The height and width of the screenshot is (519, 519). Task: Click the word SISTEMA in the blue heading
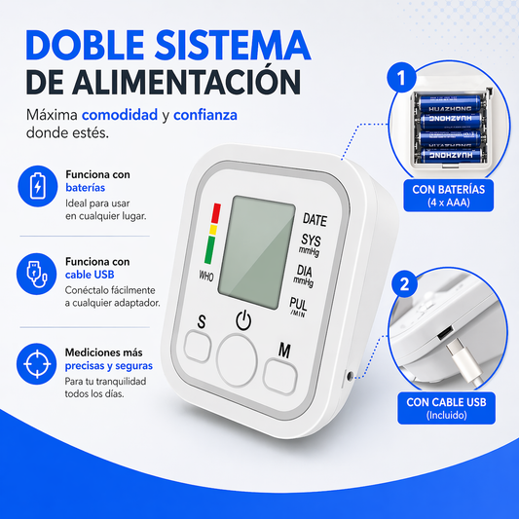[233, 45]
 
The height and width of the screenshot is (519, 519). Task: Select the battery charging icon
[37, 186]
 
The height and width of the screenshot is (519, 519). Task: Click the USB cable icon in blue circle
[37, 274]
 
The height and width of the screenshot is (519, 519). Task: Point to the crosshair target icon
[37, 364]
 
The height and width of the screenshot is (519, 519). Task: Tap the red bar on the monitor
[216, 213]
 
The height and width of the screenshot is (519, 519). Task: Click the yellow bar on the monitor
[213, 230]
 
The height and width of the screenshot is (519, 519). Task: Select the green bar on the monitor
[210, 250]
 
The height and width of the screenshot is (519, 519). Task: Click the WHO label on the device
[205, 276]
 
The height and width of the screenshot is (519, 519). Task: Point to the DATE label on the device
[315, 219]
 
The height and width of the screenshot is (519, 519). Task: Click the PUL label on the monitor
[298, 304]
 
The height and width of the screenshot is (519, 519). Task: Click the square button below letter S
[198, 347]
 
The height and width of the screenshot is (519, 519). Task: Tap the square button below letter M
[280, 377]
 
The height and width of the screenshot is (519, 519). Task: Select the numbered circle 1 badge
[401, 78]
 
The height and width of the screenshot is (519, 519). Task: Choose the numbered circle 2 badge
[404, 284]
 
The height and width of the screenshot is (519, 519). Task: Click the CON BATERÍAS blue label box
[449, 196]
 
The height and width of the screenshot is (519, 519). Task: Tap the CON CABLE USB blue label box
[446, 408]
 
